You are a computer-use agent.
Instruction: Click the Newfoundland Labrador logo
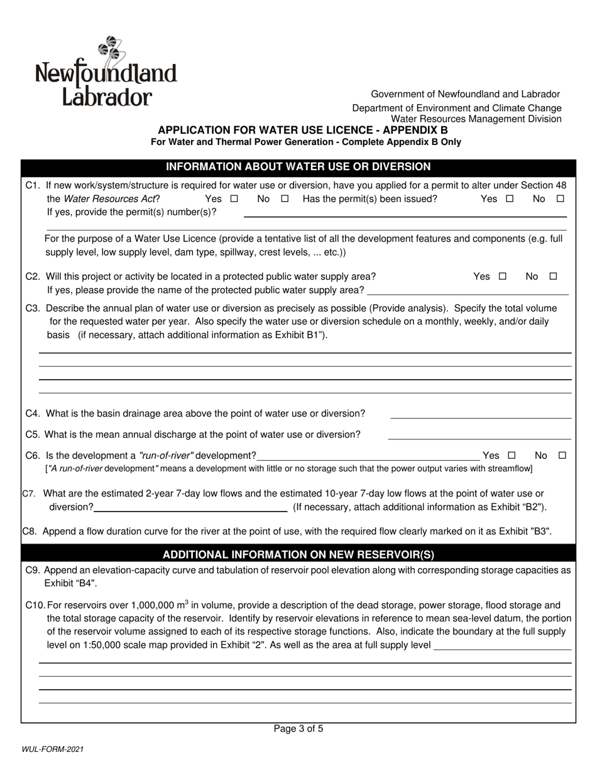click(106, 72)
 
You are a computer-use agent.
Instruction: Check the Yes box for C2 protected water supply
click(502, 276)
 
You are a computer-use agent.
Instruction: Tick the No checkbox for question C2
click(553, 276)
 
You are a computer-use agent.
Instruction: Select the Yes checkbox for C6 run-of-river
click(511, 456)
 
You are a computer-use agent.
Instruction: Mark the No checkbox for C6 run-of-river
click(562, 456)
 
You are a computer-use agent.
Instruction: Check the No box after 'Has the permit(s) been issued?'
click(560, 199)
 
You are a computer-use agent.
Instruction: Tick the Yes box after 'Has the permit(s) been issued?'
click(509, 199)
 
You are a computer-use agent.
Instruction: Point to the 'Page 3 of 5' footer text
click(298, 729)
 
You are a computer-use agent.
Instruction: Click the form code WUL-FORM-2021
click(53, 749)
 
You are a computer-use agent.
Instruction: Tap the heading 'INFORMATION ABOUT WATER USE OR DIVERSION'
click(298, 167)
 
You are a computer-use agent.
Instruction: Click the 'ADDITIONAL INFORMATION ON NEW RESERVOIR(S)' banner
click(298, 554)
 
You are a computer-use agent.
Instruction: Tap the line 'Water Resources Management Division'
click(476, 119)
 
